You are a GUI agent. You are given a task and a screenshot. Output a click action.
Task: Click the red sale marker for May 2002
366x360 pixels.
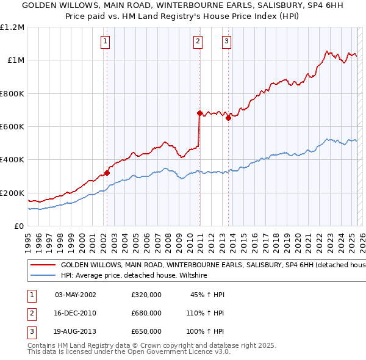(x=107, y=173)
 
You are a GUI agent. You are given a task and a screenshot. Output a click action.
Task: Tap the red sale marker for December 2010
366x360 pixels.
(x=199, y=113)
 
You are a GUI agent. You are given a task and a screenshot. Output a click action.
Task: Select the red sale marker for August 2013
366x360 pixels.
(x=228, y=118)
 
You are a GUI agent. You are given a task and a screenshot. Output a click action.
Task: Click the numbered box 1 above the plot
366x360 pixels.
(x=106, y=41)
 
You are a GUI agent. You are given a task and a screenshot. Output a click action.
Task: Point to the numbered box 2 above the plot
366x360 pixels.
(x=198, y=41)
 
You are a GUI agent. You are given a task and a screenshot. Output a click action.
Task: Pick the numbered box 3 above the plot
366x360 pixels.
(x=226, y=41)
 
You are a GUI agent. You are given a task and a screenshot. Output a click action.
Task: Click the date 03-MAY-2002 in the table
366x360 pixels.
(x=76, y=295)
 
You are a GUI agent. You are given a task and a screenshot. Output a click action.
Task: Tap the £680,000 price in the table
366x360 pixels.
(x=146, y=313)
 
